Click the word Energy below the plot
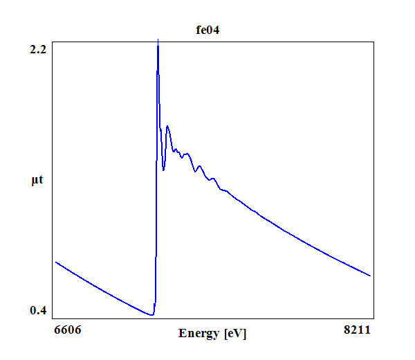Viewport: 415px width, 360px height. click(199, 334)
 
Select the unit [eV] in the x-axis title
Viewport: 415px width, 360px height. click(235, 334)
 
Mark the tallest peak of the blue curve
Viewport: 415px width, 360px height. click(158, 42)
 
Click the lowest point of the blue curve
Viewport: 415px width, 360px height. click(151, 315)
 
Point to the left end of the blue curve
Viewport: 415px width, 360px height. click(56, 262)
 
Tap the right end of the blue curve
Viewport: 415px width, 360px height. click(370, 276)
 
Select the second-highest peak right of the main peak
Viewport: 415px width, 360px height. click(167, 126)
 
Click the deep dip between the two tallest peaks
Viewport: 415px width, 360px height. click(163, 170)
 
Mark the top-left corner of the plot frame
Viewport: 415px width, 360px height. click(53, 41)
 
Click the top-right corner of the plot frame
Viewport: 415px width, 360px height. click(374, 41)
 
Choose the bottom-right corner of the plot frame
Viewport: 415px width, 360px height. click(374, 318)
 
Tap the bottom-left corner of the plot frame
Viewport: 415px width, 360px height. click(53, 318)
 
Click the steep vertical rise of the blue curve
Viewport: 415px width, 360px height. click(156, 208)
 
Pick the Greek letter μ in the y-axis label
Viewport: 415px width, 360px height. click(35, 181)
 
